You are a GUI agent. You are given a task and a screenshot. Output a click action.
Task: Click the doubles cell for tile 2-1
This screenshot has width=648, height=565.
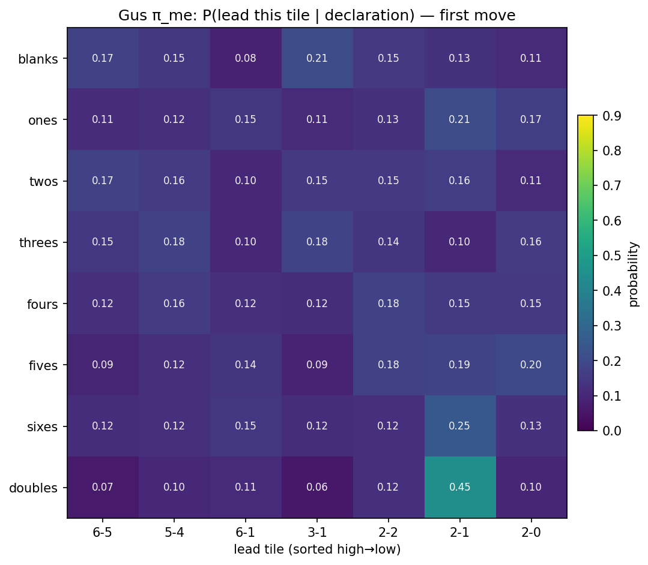tap(460, 487)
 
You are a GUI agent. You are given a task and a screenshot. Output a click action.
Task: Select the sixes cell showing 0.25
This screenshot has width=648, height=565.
tap(460, 426)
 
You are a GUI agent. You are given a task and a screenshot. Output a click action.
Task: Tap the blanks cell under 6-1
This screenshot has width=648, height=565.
tap(246, 58)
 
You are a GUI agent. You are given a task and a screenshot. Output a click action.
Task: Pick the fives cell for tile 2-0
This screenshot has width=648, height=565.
tap(531, 365)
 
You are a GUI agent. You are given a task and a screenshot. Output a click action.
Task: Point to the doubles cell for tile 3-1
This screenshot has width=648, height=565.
tap(317, 487)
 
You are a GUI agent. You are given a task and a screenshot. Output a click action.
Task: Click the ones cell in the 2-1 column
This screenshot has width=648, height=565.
tap(460, 119)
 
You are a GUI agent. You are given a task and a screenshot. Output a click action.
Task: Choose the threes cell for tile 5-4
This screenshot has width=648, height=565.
tap(174, 242)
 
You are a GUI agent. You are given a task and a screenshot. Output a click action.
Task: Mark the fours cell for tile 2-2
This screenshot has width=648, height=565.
tap(389, 303)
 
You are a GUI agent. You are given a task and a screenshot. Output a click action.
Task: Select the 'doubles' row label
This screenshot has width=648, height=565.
tap(34, 488)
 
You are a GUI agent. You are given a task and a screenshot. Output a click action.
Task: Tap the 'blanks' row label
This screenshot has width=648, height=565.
tap(38, 59)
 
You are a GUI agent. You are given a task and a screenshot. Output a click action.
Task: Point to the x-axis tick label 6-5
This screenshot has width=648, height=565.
tap(103, 532)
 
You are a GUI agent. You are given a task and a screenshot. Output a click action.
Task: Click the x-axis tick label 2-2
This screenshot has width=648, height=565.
tap(389, 532)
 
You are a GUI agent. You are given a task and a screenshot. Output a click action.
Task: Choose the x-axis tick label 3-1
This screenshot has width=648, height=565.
tap(317, 532)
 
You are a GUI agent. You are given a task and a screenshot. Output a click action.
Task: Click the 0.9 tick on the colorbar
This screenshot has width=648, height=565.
tap(610, 116)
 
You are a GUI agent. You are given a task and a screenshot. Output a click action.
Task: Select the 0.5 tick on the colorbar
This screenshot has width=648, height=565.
tap(610, 256)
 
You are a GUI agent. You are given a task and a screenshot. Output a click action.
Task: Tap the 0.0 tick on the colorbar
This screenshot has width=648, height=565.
tap(610, 431)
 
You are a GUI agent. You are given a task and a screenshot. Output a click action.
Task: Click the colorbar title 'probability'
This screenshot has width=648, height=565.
tap(634, 274)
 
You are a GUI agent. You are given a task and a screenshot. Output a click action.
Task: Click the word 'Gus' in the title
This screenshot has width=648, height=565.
tap(131, 16)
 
